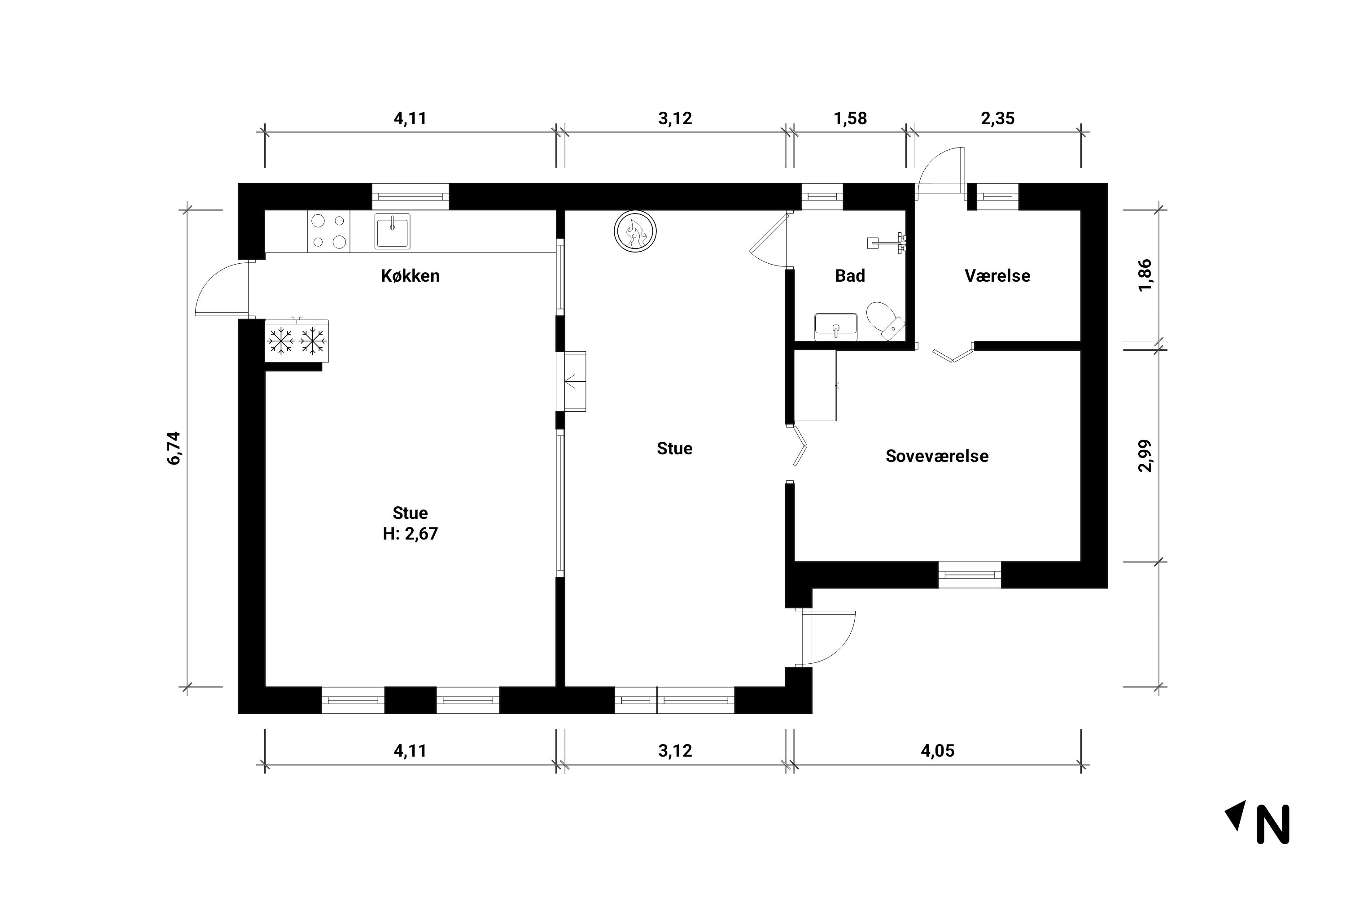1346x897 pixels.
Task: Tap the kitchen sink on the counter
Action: pos(392,231)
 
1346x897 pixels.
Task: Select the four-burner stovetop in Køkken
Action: pos(328,231)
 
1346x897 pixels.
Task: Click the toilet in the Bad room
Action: pos(885,321)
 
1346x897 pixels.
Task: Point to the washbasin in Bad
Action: pos(835,327)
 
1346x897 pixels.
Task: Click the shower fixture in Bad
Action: pos(887,243)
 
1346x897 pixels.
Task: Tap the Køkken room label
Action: pos(411,276)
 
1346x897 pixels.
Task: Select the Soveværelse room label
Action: pos(937,456)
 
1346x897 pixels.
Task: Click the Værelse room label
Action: pos(997,276)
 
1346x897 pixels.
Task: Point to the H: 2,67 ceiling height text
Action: pos(411,534)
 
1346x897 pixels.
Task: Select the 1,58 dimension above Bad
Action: pos(850,118)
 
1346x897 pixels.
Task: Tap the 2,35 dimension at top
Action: pos(997,118)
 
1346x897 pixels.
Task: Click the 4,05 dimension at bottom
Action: pos(937,750)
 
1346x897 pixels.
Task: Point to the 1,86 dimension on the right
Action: pos(1145,275)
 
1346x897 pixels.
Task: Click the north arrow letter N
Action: pos(1273,824)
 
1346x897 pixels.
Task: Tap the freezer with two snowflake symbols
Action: pos(297,341)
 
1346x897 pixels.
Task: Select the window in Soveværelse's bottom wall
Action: pos(970,575)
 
